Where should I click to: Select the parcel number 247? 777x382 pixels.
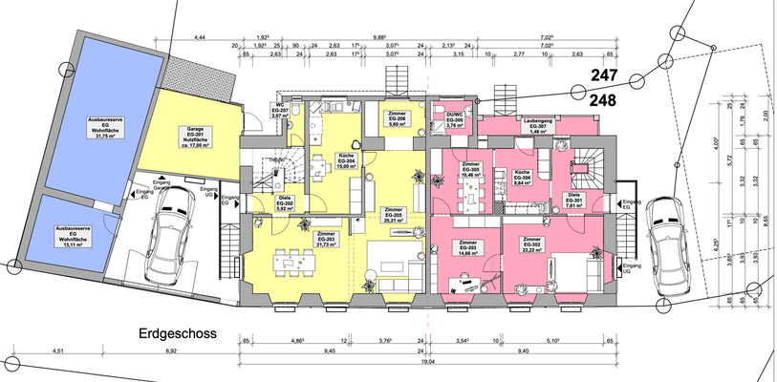(x=604, y=75)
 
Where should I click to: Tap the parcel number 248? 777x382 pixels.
(x=604, y=98)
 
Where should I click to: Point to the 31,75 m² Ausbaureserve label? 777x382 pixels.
(x=101, y=127)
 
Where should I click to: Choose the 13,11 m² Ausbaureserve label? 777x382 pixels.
(x=73, y=235)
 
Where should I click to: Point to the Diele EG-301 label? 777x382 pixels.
(x=573, y=201)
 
